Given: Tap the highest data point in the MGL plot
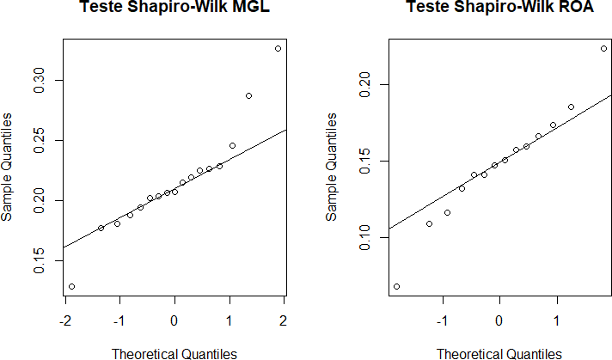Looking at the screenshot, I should tap(278, 48).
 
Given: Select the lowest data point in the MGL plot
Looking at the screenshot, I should tap(71, 286).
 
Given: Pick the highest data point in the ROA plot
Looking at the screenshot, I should tap(603, 48).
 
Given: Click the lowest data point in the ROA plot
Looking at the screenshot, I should tap(396, 286).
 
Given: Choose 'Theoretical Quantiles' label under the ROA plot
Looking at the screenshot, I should tap(499, 353).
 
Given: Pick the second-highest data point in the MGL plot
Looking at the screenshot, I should tap(248, 95).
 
